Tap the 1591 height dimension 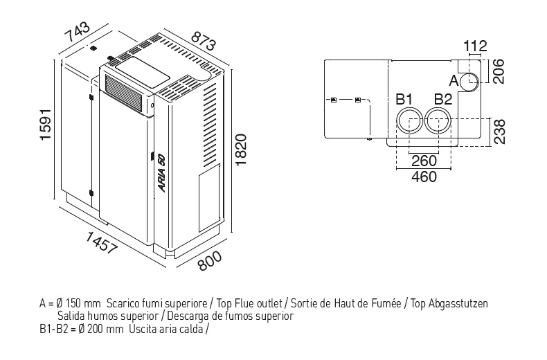(x=45, y=125)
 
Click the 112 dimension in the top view (x=476, y=46)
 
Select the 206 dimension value (x=498, y=72)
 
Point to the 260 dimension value (x=424, y=161)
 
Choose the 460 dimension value (x=424, y=177)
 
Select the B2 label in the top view (x=443, y=99)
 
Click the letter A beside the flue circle (x=454, y=80)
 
